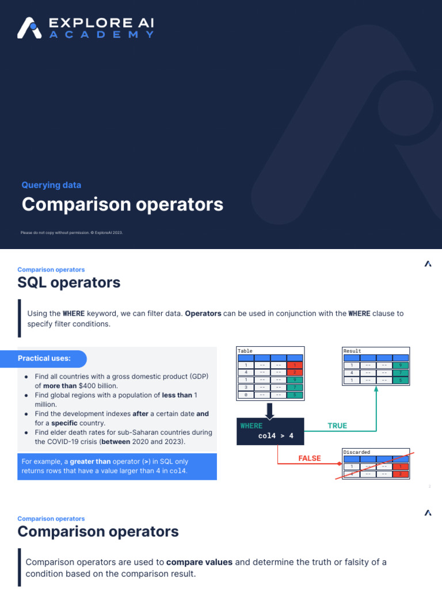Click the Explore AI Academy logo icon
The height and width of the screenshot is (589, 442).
(29, 28)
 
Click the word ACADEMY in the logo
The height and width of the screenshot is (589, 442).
(101, 35)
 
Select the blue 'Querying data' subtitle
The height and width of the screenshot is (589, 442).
(51, 185)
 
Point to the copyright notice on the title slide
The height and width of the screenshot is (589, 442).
(72, 233)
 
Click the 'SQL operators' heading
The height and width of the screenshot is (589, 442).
(68, 282)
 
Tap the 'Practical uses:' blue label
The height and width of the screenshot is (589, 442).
(44, 359)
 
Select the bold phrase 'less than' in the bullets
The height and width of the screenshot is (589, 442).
(177, 395)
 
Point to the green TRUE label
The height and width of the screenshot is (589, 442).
(337, 426)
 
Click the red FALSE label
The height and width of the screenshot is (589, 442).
(309, 458)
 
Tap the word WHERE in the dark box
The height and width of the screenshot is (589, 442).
(251, 426)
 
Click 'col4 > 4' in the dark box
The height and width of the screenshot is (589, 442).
(276, 436)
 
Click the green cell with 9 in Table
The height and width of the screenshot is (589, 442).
(295, 380)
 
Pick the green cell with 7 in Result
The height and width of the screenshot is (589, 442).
(401, 373)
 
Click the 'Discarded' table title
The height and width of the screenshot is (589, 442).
(357, 452)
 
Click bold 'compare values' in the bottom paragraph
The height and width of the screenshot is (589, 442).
(199, 562)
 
